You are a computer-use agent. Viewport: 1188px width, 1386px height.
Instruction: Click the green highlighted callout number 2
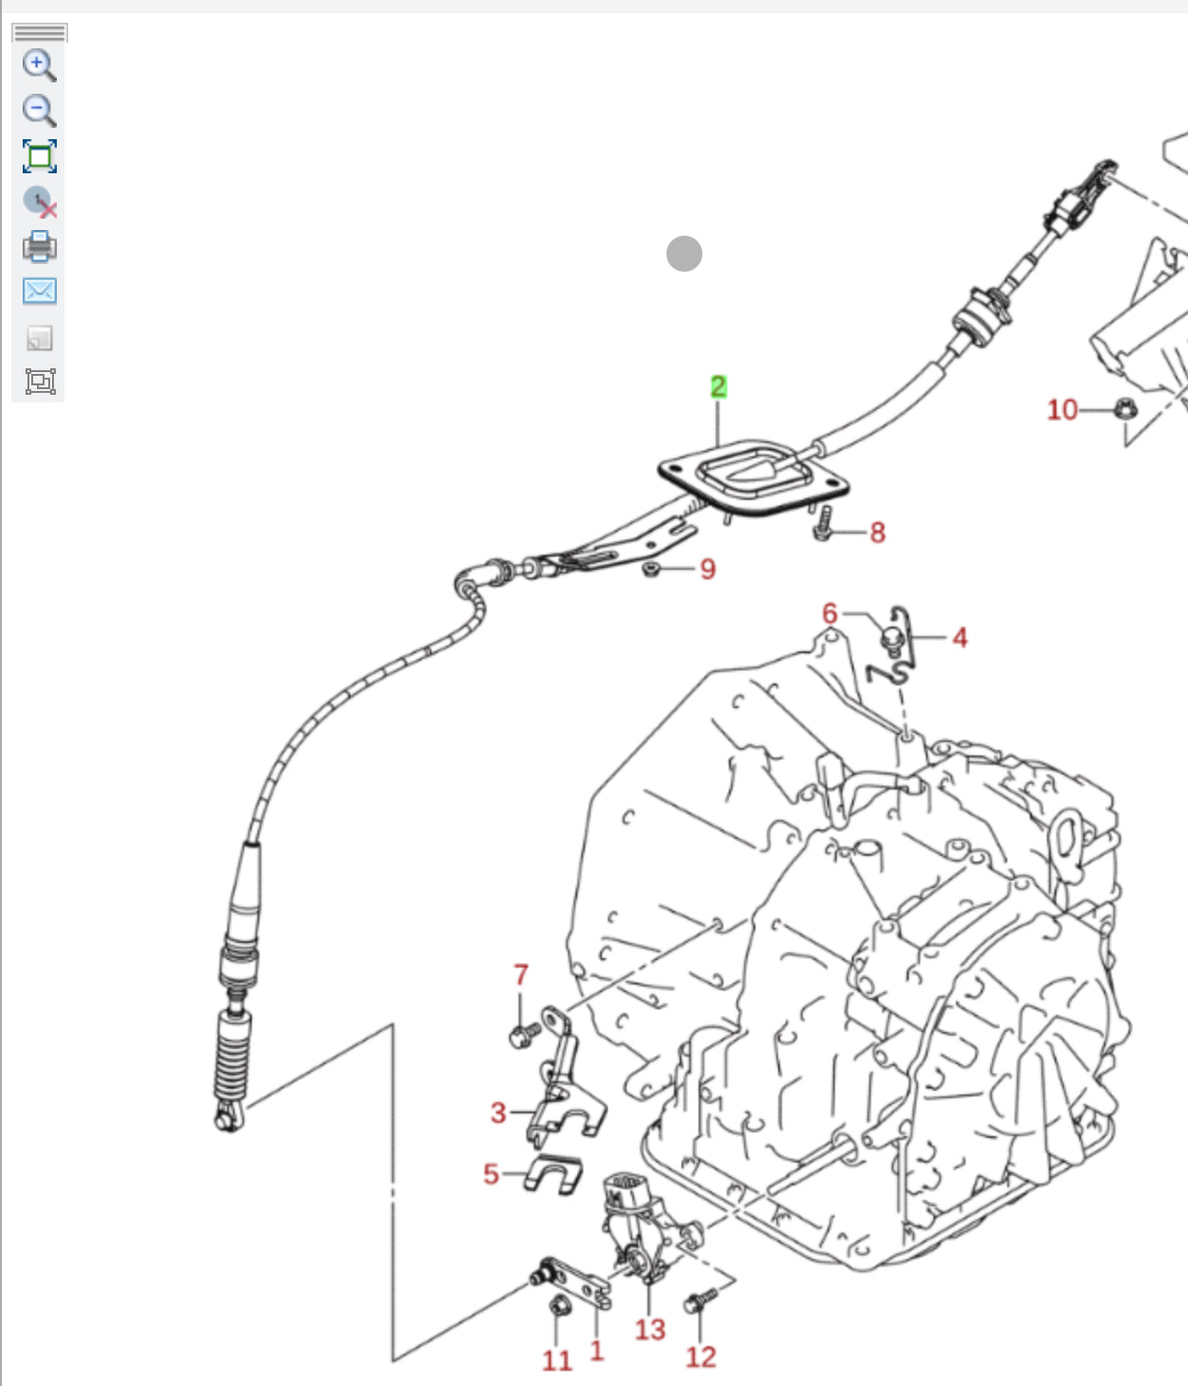(x=718, y=386)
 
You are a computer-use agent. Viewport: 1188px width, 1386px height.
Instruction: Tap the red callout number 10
(x=1061, y=409)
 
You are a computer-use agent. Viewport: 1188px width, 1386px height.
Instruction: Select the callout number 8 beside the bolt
(x=878, y=532)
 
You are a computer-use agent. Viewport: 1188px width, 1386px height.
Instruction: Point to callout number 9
(x=707, y=569)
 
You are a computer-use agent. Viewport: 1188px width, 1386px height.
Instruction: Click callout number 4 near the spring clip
(x=960, y=637)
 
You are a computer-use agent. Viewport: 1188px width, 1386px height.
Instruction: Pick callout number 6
(x=829, y=613)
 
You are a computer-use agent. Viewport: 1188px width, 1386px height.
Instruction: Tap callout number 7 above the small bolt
(x=521, y=974)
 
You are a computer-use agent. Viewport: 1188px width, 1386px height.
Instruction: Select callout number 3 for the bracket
(x=498, y=1112)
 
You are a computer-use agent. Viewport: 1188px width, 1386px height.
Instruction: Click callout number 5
(x=490, y=1174)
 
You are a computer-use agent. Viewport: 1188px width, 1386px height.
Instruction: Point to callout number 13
(x=649, y=1329)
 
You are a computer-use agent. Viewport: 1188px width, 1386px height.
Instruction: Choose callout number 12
(x=700, y=1357)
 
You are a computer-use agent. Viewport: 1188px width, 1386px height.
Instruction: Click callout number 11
(x=557, y=1360)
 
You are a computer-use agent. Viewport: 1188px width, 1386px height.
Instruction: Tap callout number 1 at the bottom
(x=596, y=1350)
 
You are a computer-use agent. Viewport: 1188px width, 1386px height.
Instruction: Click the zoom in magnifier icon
(x=39, y=65)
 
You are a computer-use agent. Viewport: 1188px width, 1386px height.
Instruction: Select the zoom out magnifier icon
(x=39, y=110)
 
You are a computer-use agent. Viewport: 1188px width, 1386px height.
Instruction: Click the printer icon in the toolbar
(x=39, y=246)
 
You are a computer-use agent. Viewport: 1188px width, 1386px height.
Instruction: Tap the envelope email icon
(x=39, y=291)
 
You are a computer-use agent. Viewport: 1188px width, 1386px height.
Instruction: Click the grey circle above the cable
(x=683, y=253)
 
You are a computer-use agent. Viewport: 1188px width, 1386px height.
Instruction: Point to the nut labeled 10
(x=1124, y=409)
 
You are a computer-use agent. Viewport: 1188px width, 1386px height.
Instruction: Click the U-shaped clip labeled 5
(x=554, y=1175)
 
